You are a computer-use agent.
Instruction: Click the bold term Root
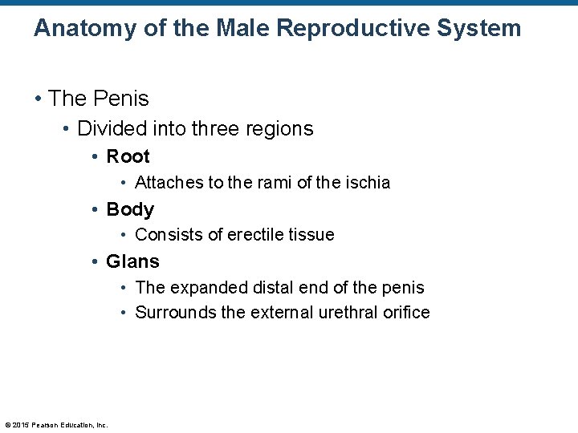(x=128, y=156)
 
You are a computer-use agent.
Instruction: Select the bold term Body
(x=130, y=209)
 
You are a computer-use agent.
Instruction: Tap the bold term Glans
(x=132, y=261)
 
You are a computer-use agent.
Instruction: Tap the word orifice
(x=406, y=312)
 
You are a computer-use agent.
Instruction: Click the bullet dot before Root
(x=96, y=157)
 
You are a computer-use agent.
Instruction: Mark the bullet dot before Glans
(x=96, y=262)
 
